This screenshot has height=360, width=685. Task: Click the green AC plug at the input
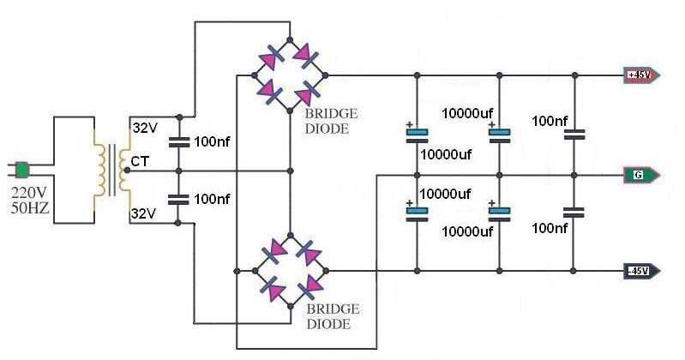pos(23,167)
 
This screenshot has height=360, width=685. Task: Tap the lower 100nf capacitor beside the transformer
pos(178,200)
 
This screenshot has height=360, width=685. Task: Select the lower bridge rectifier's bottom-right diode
pos(311,285)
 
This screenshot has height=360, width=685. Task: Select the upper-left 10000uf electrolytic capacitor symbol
pos(416,132)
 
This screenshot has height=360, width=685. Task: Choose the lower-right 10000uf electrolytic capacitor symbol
pos(498,211)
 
